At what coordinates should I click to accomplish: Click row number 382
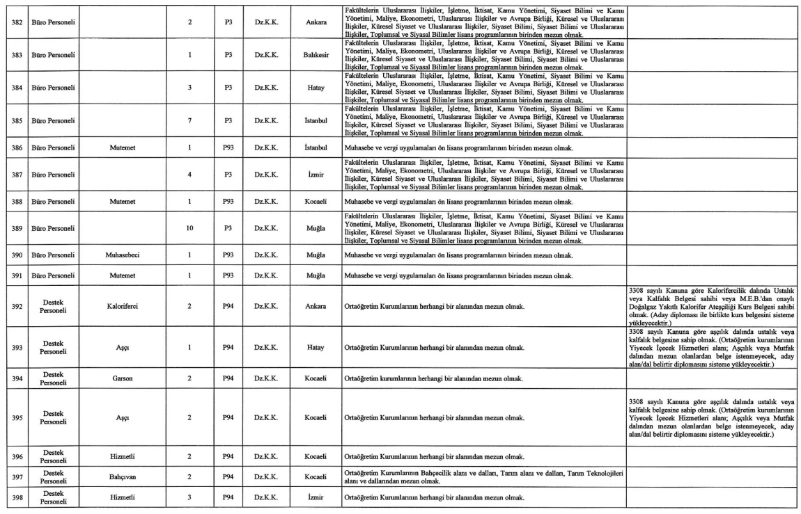(15, 21)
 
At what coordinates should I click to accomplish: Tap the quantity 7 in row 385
(190, 120)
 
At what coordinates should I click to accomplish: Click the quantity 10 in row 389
(190, 228)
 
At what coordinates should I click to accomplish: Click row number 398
(15, 497)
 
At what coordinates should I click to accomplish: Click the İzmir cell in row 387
(316, 175)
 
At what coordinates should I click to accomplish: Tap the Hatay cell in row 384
(316, 88)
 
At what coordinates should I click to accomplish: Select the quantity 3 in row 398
(190, 497)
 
